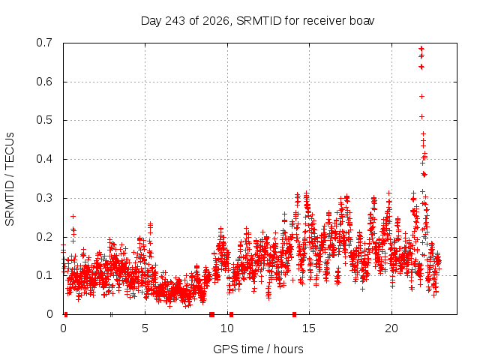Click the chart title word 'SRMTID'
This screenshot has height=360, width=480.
pyautogui.click(x=259, y=21)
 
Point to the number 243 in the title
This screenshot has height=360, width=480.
pyautogui.click(x=175, y=21)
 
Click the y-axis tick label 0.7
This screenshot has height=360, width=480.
pyautogui.click(x=44, y=43)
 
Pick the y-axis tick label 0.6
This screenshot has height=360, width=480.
pyautogui.click(x=44, y=82)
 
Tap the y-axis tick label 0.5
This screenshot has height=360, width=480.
pyautogui.click(x=44, y=120)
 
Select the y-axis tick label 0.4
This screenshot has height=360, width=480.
pyautogui.click(x=44, y=159)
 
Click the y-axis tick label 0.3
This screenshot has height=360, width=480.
pyautogui.click(x=44, y=198)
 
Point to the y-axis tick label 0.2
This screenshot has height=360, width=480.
pyautogui.click(x=44, y=237)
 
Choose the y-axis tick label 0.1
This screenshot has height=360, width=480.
pyautogui.click(x=44, y=275)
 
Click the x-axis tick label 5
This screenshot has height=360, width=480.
pyautogui.click(x=145, y=328)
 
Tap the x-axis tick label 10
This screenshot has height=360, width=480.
pyautogui.click(x=227, y=328)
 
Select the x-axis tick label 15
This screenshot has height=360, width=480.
pyautogui.click(x=309, y=328)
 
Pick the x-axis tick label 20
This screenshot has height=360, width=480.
pyautogui.click(x=391, y=328)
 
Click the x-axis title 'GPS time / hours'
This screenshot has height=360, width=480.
pyautogui.click(x=258, y=349)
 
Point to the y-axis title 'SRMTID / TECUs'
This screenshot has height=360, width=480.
pyautogui.click(x=10, y=179)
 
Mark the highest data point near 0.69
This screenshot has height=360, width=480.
pyautogui.click(x=421, y=48)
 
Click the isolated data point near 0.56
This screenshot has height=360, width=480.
pyautogui.click(x=421, y=97)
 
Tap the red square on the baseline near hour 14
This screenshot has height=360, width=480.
pyautogui.click(x=295, y=314)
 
